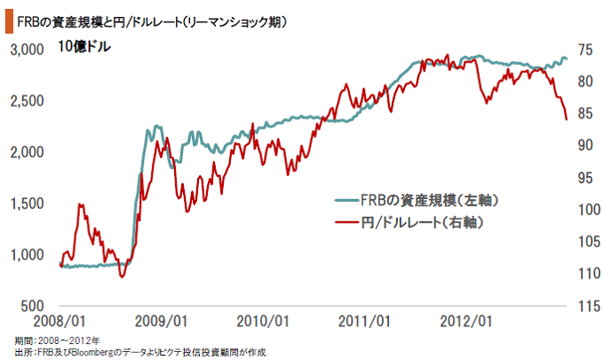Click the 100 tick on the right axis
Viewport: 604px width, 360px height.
(x=582, y=210)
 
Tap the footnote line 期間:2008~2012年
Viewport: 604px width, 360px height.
(x=58, y=340)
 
